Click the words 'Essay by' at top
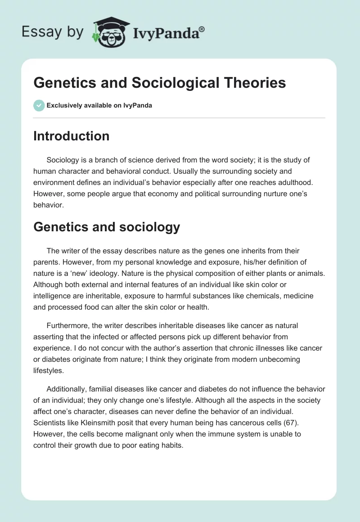click(x=53, y=32)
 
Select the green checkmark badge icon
click(x=39, y=105)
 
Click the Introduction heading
click(x=71, y=136)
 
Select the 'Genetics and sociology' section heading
click(x=107, y=227)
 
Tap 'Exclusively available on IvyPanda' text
click(x=99, y=105)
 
